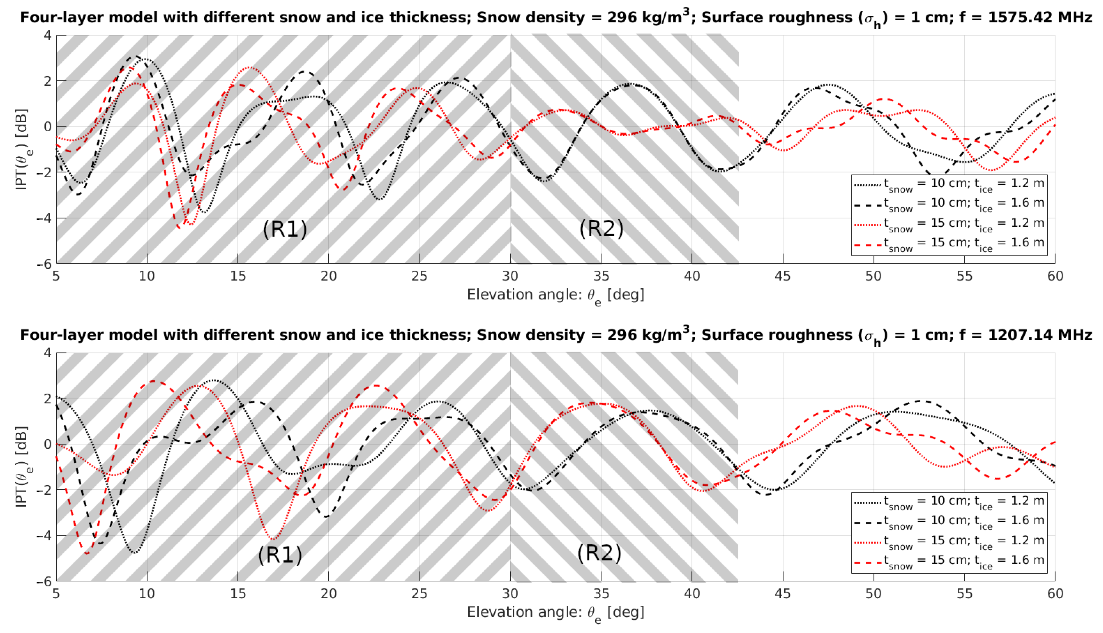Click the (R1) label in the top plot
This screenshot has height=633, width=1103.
coord(285,229)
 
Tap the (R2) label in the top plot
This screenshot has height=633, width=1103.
coord(601,228)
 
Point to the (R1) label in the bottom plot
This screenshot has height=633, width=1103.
coord(280,554)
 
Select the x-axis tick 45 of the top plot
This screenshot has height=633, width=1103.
coord(783,276)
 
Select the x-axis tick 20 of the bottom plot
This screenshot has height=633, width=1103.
coord(328,593)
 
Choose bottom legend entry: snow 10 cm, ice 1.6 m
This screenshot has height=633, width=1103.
coord(949,521)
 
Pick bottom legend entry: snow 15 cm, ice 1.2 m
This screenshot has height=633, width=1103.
coord(949,541)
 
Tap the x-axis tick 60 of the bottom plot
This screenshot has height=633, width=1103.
coord(1055,593)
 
